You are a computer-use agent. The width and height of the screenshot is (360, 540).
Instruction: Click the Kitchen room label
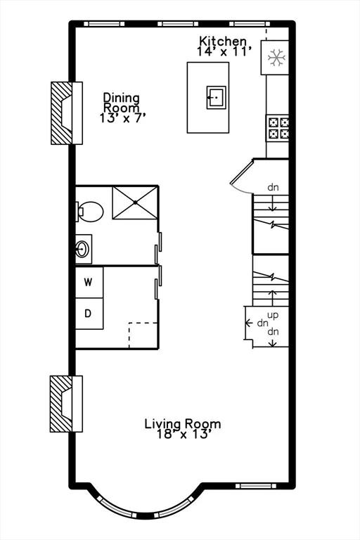pos(223,41)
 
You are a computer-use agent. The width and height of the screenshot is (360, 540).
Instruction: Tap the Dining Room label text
pos(122,103)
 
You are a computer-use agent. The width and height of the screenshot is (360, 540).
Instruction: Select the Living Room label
pos(183,424)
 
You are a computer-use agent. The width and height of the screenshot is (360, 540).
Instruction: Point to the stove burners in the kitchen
pos(277,127)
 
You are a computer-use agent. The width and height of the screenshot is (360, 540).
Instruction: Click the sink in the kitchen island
pos(216,96)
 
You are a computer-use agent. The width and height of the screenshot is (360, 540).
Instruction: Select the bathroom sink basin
pos(83,248)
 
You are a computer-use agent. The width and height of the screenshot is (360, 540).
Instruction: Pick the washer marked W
pos(89,283)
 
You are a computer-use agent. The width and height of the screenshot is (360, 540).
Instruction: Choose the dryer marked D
pos(89,314)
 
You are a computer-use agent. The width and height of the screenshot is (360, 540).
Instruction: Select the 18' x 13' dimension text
pos(183,435)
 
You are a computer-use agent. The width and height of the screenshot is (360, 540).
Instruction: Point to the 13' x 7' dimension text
pos(122,119)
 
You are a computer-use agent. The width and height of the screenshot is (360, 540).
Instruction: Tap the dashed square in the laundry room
pos(143,335)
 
